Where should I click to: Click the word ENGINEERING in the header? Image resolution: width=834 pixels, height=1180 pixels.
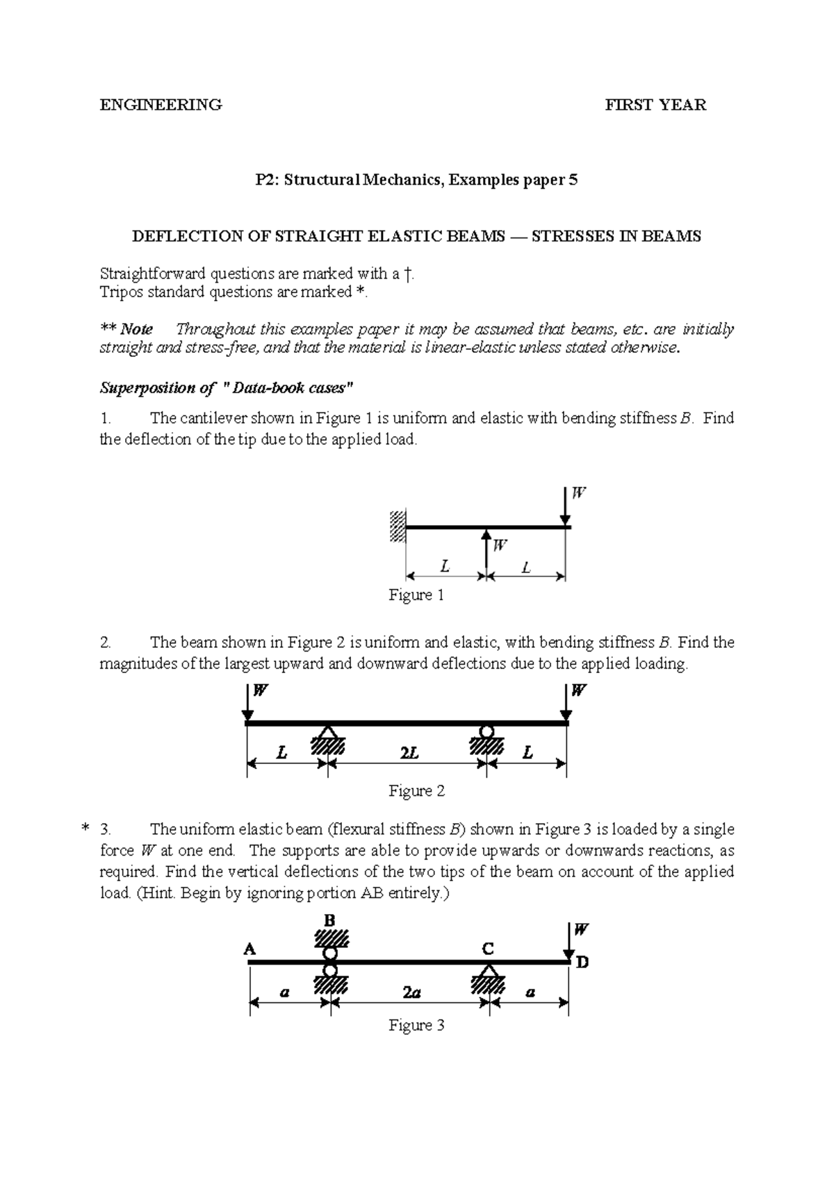tap(161, 105)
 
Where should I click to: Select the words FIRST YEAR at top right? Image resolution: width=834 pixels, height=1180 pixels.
tap(655, 105)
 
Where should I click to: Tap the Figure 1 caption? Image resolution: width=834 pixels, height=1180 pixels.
tap(416, 595)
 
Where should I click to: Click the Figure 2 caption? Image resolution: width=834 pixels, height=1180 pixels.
tap(416, 790)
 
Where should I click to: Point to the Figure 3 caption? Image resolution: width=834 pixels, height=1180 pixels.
tap(416, 1025)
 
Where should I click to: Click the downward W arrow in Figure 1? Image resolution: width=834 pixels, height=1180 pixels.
tap(566, 506)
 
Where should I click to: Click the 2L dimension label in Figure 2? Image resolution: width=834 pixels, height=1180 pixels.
tap(409, 753)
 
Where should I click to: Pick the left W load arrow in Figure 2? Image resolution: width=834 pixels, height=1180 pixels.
tap(248, 703)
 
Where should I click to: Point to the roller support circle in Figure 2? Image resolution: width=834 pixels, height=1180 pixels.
tap(486, 731)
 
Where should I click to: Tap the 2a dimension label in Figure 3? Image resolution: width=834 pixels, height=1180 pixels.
tap(411, 992)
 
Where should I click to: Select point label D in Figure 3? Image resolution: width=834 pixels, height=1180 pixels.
tap(582, 963)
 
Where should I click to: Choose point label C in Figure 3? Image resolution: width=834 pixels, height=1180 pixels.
tap(488, 949)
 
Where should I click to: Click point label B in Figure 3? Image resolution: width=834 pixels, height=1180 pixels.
tap(329, 920)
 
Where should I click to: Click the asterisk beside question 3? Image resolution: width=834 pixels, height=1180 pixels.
tap(85, 829)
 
